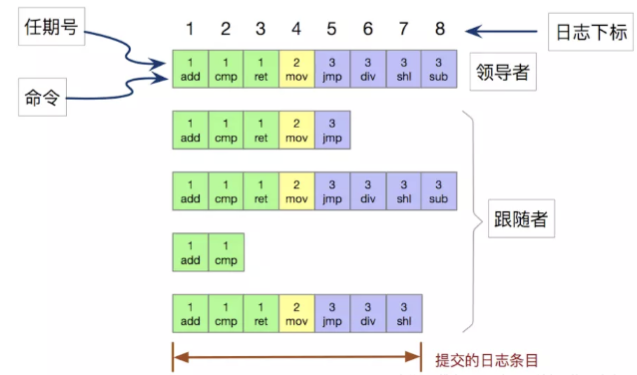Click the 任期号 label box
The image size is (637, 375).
click(x=51, y=26)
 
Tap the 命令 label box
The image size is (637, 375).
click(x=42, y=98)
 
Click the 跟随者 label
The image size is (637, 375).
click(x=521, y=218)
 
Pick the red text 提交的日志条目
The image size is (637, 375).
click(x=486, y=360)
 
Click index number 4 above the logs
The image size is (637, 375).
click(x=296, y=29)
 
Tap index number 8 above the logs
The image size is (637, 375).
click(x=440, y=29)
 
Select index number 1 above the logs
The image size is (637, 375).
click(x=190, y=29)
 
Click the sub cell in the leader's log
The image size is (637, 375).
click(x=439, y=69)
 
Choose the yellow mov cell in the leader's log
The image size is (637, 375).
click(x=296, y=69)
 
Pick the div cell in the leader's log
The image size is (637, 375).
click(x=368, y=69)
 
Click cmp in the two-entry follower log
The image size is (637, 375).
click(x=226, y=252)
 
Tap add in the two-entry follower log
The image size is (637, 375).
click(x=190, y=252)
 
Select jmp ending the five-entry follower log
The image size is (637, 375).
click(x=332, y=130)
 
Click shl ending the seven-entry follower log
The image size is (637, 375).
click(x=403, y=314)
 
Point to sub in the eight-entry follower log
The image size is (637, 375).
click(x=439, y=191)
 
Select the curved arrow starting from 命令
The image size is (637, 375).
click(x=118, y=91)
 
